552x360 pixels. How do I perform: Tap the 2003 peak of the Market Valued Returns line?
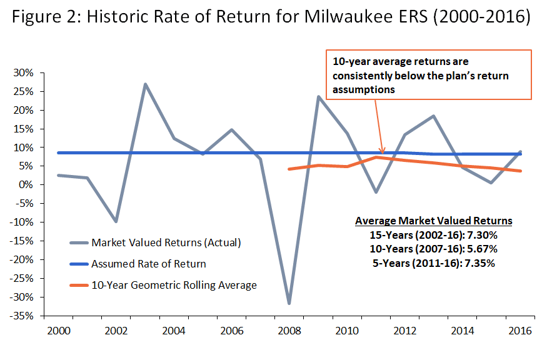tap(145, 84)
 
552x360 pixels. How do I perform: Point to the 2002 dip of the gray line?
tap(116, 222)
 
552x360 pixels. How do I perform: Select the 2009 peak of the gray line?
tap(318, 96)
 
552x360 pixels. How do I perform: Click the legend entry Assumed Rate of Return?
tap(148, 264)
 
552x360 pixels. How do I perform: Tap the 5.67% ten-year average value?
tap(479, 249)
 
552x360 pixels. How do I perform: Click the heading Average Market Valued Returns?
tap(433, 221)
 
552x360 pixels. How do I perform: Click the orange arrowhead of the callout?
tap(383, 151)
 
